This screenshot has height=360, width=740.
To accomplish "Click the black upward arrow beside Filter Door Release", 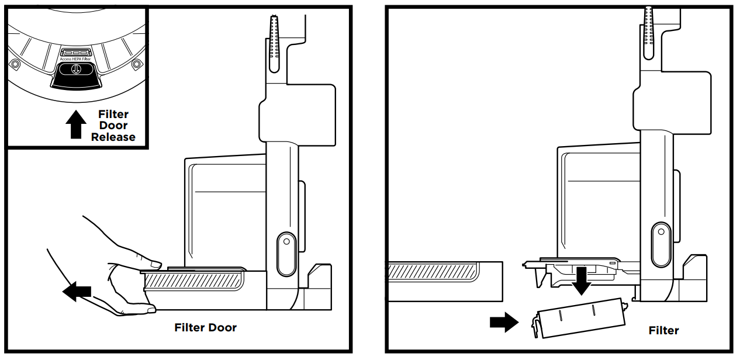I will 75,125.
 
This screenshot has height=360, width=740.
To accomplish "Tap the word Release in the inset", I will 113,137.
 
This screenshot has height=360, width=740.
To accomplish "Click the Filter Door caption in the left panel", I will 205,327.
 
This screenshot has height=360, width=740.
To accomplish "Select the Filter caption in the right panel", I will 663,331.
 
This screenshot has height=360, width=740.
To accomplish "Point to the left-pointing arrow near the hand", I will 77,292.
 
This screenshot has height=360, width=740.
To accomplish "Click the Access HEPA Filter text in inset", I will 75,59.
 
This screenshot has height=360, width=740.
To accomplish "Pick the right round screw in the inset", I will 137,63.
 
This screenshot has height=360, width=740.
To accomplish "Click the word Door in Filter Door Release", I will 113,126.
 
